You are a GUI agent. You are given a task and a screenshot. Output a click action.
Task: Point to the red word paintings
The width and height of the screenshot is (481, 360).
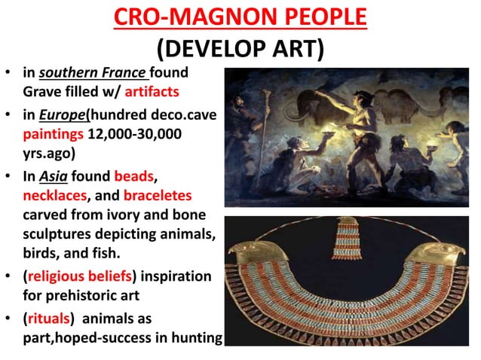tap(50, 133)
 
